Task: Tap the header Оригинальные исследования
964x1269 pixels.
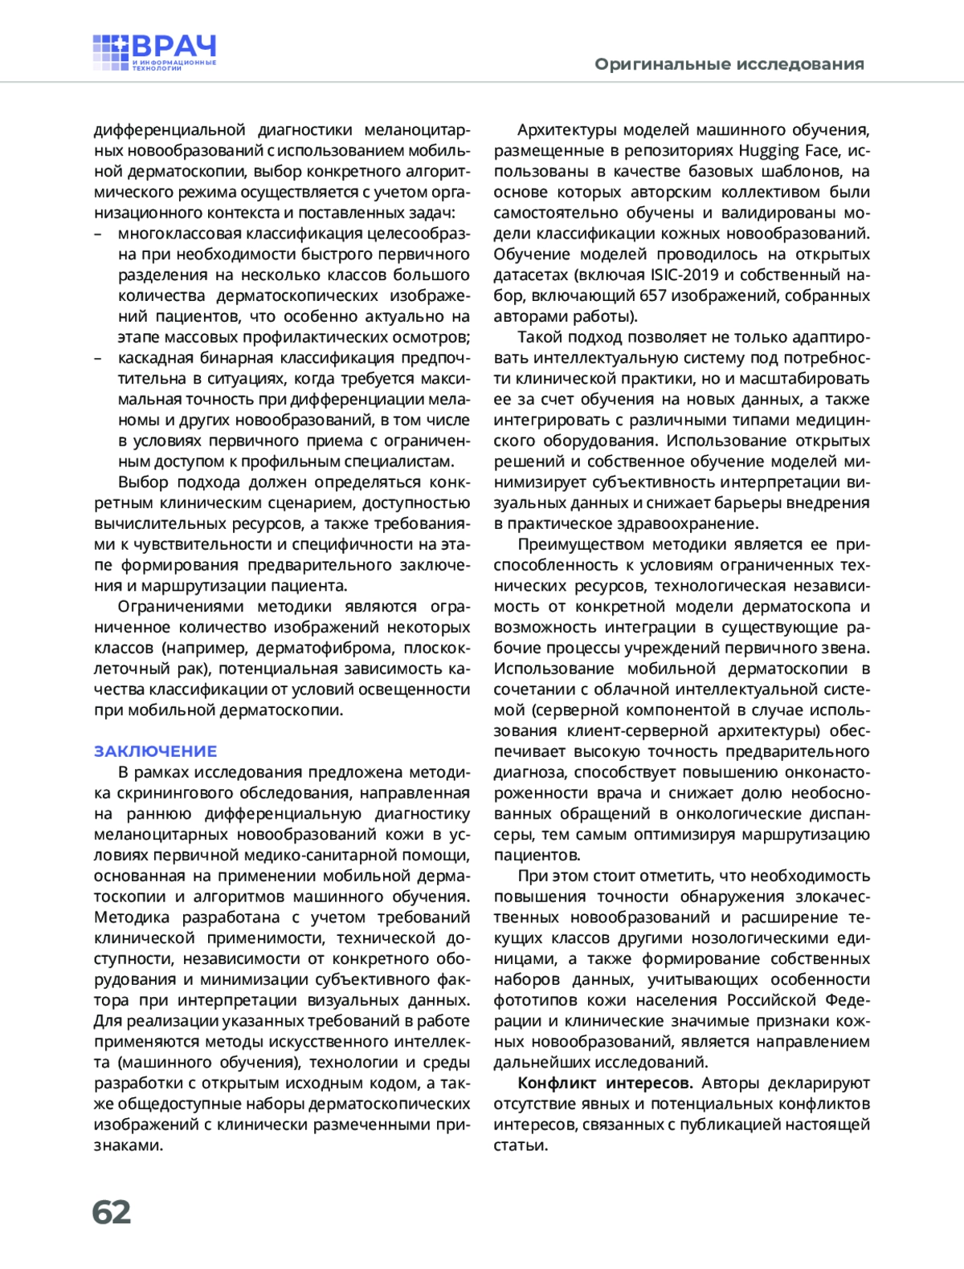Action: (729, 64)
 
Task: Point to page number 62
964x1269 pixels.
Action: (112, 1212)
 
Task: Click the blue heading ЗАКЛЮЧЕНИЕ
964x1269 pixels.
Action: (156, 751)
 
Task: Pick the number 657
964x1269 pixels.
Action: (652, 296)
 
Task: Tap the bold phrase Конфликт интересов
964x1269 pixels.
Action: (605, 1084)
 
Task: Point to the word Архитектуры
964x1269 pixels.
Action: (566, 130)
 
